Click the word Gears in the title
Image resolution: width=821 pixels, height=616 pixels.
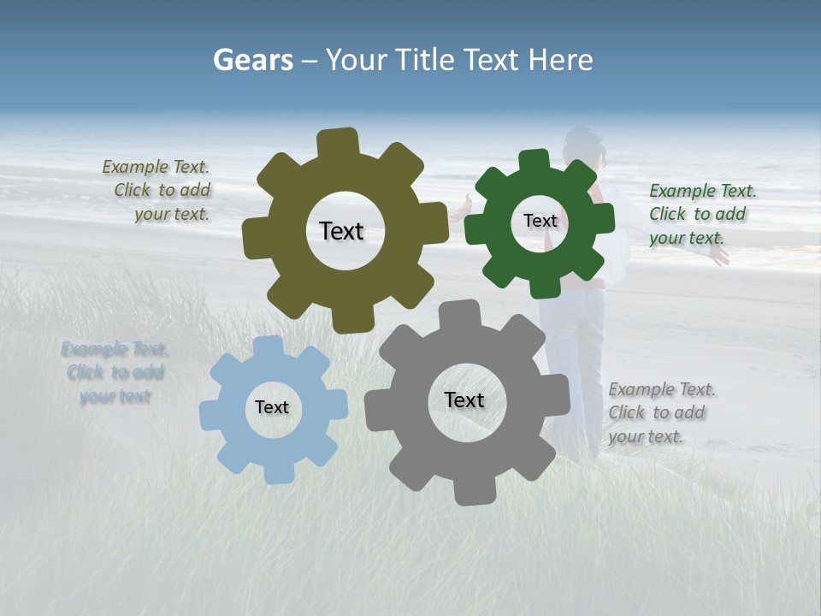pyautogui.click(x=252, y=60)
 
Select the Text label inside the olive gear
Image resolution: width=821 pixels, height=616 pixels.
pyautogui.click(x=341, y=231)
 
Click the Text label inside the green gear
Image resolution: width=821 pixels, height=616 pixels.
pyautogui.click(x=540, y=221)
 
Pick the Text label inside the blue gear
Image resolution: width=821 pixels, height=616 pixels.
pyautogui.click(x=272, y=407)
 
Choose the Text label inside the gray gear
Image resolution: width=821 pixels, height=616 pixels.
pyautogui.click(x=464, y=400)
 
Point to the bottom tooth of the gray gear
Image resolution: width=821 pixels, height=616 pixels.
pyautogui.click(x=474, y=491)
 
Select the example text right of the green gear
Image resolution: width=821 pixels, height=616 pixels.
pyautogui.click(x=701, y=214)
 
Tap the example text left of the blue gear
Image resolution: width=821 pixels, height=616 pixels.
pyautogui.click(x=115, y=373)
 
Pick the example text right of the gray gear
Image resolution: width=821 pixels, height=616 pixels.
pyautogui.click(x=660, y=412)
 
